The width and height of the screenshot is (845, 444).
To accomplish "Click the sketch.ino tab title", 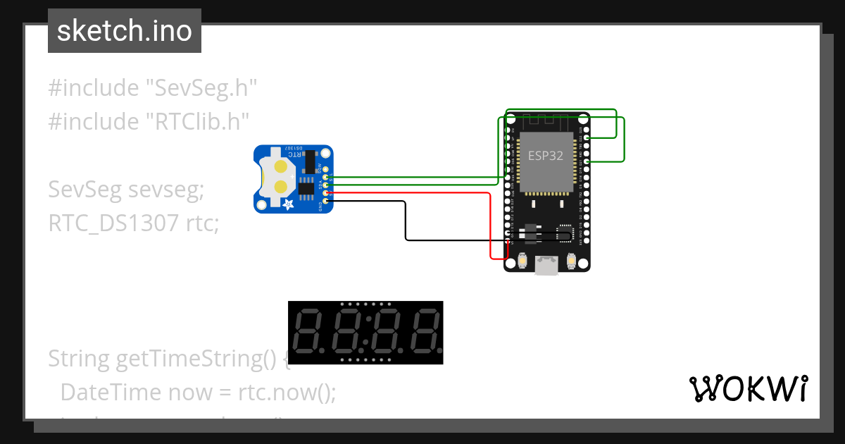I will [x=125, y=31].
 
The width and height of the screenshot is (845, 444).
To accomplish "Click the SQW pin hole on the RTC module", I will [x=325, y=168].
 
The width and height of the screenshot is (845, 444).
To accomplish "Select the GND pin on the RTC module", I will [x=325, y=202].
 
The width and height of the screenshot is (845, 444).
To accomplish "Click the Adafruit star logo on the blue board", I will [x=288, y=204].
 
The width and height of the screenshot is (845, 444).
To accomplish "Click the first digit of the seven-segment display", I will [x=306, y=333].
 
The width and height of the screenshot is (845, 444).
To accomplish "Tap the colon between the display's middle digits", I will [x=365, y=333].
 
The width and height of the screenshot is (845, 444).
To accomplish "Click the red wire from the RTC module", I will [x=423, y=192].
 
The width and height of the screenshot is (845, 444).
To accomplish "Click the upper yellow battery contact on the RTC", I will [x=281, y=167].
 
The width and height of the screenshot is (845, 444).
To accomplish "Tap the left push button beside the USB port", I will [x=522, y=261].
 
